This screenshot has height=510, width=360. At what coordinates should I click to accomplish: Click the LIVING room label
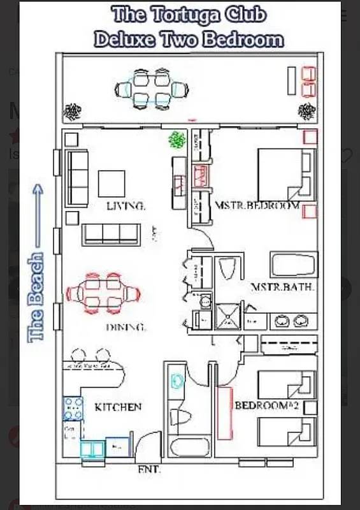click(126, 206)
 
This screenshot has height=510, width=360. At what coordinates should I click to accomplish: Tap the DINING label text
click(126, 328)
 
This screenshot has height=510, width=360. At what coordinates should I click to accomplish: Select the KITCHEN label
click(118, 407)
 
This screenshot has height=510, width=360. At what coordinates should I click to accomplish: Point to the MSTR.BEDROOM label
click(257, 206)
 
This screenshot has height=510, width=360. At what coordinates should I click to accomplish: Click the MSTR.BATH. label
click(282, 287)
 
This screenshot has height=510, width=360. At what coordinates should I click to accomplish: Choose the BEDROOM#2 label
click(276, 405)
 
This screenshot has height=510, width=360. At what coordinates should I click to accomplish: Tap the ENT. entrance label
click(149, 469)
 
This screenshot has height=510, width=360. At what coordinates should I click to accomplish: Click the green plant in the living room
click(177, 139)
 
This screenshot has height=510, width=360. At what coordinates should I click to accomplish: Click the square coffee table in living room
click(112, 184)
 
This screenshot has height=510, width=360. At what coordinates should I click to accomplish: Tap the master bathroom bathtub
click(293, 265)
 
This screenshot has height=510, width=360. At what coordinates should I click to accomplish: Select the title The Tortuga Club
click(189, 15)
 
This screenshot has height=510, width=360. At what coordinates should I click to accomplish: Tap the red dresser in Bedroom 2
click(224, 413)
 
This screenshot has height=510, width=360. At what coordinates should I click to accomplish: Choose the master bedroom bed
click(285, 174)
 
